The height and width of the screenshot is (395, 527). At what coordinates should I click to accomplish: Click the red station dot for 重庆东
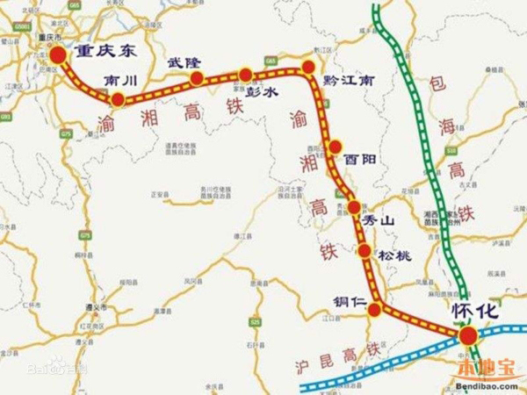(58, 56)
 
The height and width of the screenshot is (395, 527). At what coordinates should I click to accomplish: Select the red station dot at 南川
(117, 98)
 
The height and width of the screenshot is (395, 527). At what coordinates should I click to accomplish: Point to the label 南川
(121, 80)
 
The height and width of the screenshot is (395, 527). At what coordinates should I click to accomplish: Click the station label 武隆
(184, 62)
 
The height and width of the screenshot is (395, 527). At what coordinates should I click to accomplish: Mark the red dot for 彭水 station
(245, 75)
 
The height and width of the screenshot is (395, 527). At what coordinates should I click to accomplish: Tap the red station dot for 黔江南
(307, 67)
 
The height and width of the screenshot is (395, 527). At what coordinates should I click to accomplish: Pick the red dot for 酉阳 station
(334, 147)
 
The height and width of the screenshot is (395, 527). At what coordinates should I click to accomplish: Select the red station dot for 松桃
(365, 252)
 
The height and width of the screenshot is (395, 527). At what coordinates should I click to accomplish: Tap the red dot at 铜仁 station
(375, 309)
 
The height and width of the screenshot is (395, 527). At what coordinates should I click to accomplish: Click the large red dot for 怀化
(467, 334)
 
